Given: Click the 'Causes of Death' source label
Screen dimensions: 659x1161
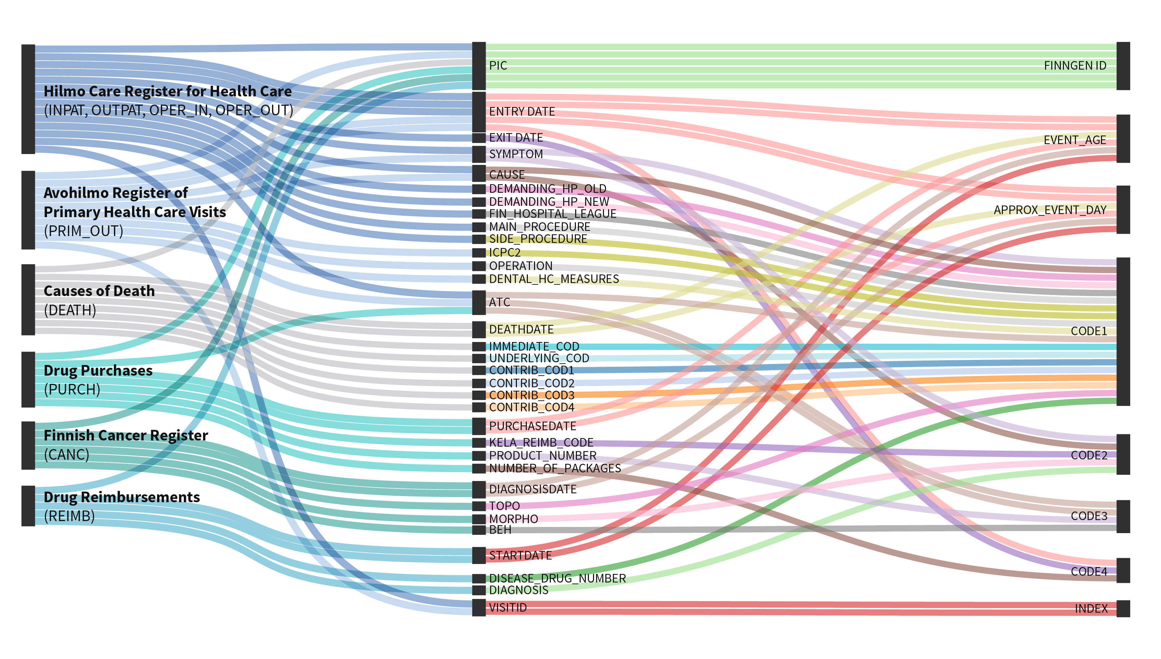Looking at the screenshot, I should pos(99,291).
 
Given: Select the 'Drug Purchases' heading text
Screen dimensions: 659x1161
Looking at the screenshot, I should pos(98,371).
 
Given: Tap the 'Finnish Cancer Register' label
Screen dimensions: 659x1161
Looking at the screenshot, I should pos(126,435).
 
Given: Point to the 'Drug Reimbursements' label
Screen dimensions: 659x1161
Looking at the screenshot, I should pos(121,497).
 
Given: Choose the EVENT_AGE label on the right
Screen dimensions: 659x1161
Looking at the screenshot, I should pos(1075,140).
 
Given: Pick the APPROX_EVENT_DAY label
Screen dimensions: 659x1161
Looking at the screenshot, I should pos(1050,210).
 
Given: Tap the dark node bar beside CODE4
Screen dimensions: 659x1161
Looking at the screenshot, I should pos(1123,570).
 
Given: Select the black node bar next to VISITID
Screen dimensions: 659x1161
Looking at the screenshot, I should pos(479,608).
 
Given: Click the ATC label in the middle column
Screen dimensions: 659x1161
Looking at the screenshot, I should pos(499,302).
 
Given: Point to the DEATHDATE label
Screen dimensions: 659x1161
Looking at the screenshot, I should pos(521,329).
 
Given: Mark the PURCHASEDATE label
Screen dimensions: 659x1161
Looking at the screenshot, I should pos(533,426).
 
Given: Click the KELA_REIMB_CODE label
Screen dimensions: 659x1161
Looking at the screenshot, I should pos(541,443).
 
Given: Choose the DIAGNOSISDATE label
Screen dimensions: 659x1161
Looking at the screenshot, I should pos(533,489).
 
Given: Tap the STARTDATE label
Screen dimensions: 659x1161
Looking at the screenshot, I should pos(520,556).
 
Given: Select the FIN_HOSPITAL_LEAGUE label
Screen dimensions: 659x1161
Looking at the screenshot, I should pos(553,214).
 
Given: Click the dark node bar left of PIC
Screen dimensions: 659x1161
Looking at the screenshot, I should pos(479,66).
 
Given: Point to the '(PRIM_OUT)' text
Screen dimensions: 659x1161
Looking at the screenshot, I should pos(84,231).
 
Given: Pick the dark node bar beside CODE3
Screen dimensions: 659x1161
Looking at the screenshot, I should pos(1123,516).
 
